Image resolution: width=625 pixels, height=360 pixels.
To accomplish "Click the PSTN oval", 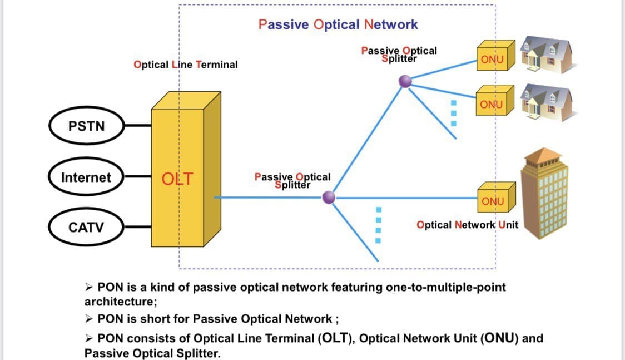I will (87, 126).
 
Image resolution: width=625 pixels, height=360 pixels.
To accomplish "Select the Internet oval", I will (86, 177).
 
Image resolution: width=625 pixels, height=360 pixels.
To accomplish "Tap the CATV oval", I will (86, 227).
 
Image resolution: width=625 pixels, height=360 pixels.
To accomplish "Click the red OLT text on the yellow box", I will (177, 179).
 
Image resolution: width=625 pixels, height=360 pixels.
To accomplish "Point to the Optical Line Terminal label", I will (185, 65).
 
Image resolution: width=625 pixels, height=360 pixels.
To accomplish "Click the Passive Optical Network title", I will (338, 24).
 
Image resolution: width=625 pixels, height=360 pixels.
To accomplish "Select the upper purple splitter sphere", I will (405, 82).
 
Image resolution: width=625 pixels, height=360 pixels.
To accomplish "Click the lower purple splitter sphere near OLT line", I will (329, 197).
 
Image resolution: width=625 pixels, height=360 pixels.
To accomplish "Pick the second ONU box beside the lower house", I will (491, 105).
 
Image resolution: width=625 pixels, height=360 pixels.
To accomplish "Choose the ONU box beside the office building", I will (491, 201).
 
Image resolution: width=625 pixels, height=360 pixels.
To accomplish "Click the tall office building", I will (544, 195).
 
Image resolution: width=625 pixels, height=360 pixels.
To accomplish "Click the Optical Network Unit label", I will (467, 225).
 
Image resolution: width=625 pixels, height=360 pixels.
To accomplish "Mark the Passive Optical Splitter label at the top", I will (399, 53).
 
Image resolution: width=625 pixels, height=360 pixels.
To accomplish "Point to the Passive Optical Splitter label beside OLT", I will (292, 180).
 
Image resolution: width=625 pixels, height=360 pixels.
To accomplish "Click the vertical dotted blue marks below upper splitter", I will (453, 112).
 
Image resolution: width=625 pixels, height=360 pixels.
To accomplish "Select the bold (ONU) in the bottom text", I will (498, 338).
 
